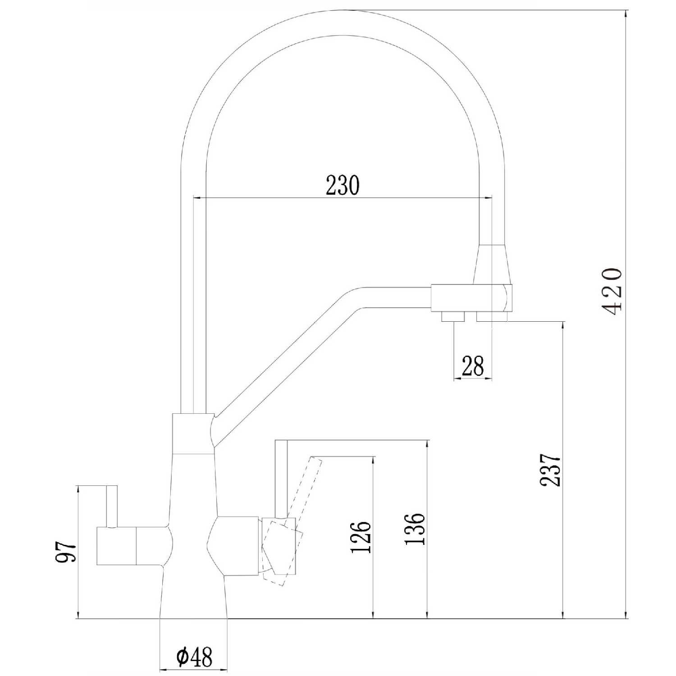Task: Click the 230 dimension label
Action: (x=343, y=185)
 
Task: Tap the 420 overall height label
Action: (x=612, y=292)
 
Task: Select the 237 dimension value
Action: (x=551, y=470)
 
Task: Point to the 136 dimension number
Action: (x=415, y=529)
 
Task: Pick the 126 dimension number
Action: (x=361, y=537)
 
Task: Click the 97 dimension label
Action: (x=66, y=551)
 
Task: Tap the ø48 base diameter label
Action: (x=194, y=658)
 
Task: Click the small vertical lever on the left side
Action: (x=112, y=506)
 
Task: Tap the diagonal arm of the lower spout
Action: (x=288, y=361)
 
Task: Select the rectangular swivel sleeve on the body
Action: (x=193, y=433)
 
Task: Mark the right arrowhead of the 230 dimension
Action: (x=486, y=197)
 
